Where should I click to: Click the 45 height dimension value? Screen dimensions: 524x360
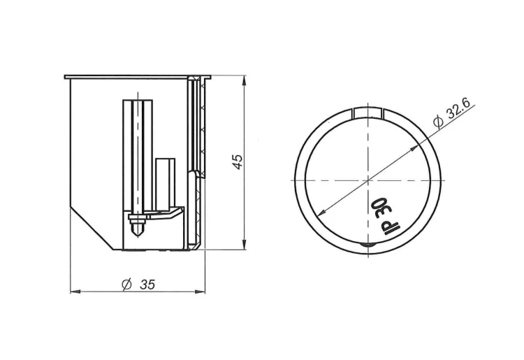click(238, 161)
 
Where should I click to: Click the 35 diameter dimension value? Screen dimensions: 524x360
click(147, 285)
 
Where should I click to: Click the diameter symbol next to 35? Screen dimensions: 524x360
click(126, 285)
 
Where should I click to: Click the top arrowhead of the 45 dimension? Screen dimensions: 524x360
click(245, 80)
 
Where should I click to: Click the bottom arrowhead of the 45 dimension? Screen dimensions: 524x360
click(245, 245)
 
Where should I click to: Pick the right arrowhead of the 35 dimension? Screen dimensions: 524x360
click(200, 291)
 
